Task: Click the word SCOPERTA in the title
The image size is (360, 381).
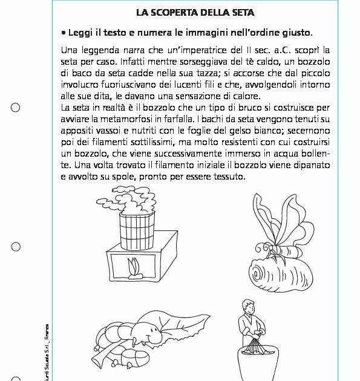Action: tap(178, 12)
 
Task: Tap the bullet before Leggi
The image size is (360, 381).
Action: tap(64, 33)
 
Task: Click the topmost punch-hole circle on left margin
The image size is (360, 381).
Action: tap(16, 108)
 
